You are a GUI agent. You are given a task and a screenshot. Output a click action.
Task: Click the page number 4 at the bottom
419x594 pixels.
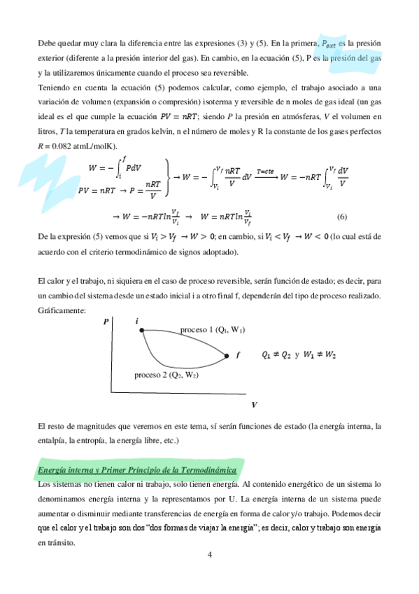[209, 556]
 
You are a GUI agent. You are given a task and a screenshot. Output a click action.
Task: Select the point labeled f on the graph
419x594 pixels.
[227, 356]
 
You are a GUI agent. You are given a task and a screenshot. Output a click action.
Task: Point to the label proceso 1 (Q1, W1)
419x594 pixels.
[217, 329]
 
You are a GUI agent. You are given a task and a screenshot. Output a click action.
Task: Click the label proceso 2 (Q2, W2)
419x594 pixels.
[166, 375]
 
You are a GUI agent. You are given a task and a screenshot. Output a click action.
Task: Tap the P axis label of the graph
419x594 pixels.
[106, 322]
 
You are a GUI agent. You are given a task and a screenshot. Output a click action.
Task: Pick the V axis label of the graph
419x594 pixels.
[253, 405]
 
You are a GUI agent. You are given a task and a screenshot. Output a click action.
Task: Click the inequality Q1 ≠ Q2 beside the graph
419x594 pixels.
[276, 355]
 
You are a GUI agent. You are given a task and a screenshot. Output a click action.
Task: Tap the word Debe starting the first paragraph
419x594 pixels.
[48, 43]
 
